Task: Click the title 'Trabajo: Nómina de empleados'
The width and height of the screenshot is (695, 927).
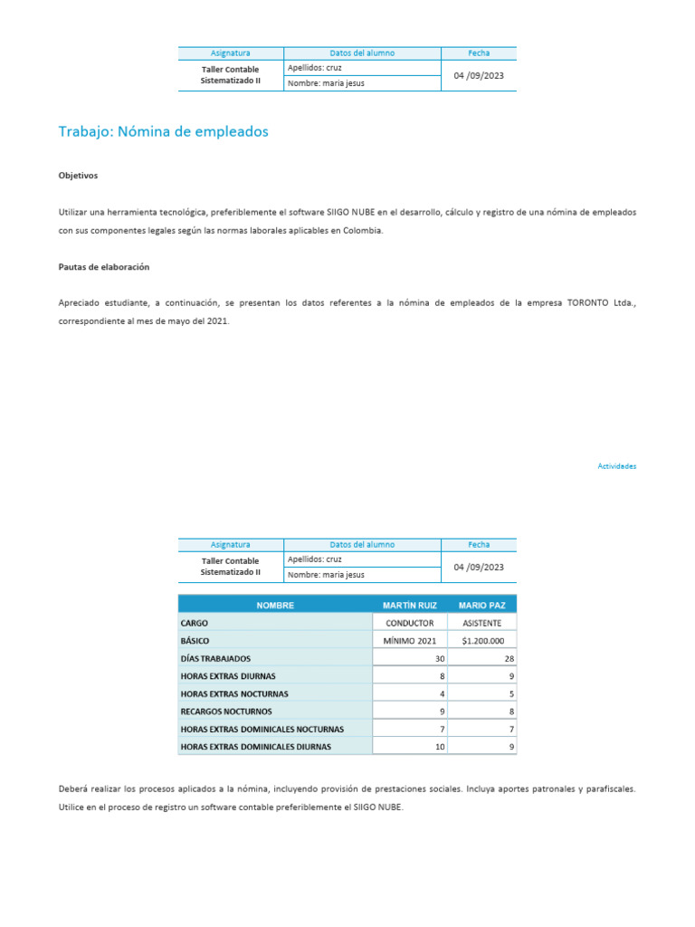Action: pyautogui.click(x=163, y=132)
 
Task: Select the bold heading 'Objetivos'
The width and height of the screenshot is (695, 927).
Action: pyautogui.click(x=78, y=176)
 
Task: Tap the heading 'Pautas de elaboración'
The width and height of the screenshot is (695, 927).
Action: pyautogui.click(x=103, y=268)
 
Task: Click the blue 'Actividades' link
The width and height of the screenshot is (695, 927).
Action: pyautogui.click(x=617, y=466)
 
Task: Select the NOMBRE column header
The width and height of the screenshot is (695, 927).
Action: pyautogui.click(x=275, y=605)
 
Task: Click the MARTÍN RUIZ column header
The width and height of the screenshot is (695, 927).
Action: pyautogui.click(x=410, y=605)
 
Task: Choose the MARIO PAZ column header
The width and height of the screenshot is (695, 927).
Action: pyautogui.click(x=482, y=605)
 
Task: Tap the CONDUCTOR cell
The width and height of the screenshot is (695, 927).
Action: pyautogui.click(x=410, y=623)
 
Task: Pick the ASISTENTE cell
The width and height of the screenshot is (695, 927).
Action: pyautogui.click(x=482, y=623)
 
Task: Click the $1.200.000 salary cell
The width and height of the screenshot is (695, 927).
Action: pyautogui.click(x=482, y=641)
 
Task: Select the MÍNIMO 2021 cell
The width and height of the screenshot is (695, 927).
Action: pyautogui.click(x=410, y=641)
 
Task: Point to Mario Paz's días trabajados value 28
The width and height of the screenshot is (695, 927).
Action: pyautogui.click(x=509, y=658)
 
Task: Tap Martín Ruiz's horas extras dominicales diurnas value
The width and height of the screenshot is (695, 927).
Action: pyautogui.click(x=440, y=747)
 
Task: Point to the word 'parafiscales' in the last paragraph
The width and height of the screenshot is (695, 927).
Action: pyautogui.click(x=612, y=789)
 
